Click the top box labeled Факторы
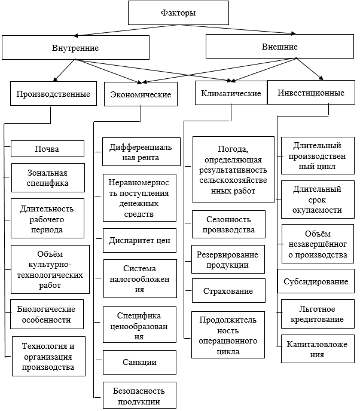178,13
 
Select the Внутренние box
75,47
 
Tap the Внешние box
280,47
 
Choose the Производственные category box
54,94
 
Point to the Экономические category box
141,94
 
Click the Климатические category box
231,93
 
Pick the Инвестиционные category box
311,92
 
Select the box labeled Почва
47,149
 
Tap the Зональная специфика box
48,177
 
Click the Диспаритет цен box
139,240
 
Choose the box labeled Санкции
139,362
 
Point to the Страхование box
228,291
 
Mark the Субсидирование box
316,281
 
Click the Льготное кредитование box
318,314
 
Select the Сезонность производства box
228,225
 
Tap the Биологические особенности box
47,314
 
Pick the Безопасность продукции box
139,395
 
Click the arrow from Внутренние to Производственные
65,70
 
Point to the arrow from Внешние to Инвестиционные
310,69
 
